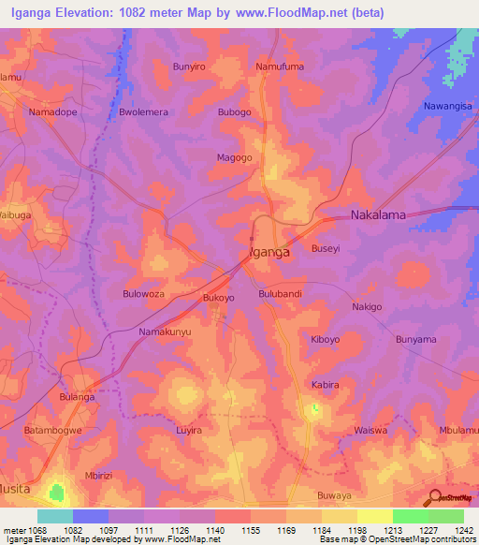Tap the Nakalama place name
[378, 215]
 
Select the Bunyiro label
[189, 67]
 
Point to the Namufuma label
[280, 67]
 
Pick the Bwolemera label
[143, 112]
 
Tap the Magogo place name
[235, 158]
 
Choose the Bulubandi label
[280, 294]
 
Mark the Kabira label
[325, 385]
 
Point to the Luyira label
[188, 431]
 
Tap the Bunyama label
[416, 339]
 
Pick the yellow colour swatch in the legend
[374, 516]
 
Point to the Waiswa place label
[371, 430]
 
